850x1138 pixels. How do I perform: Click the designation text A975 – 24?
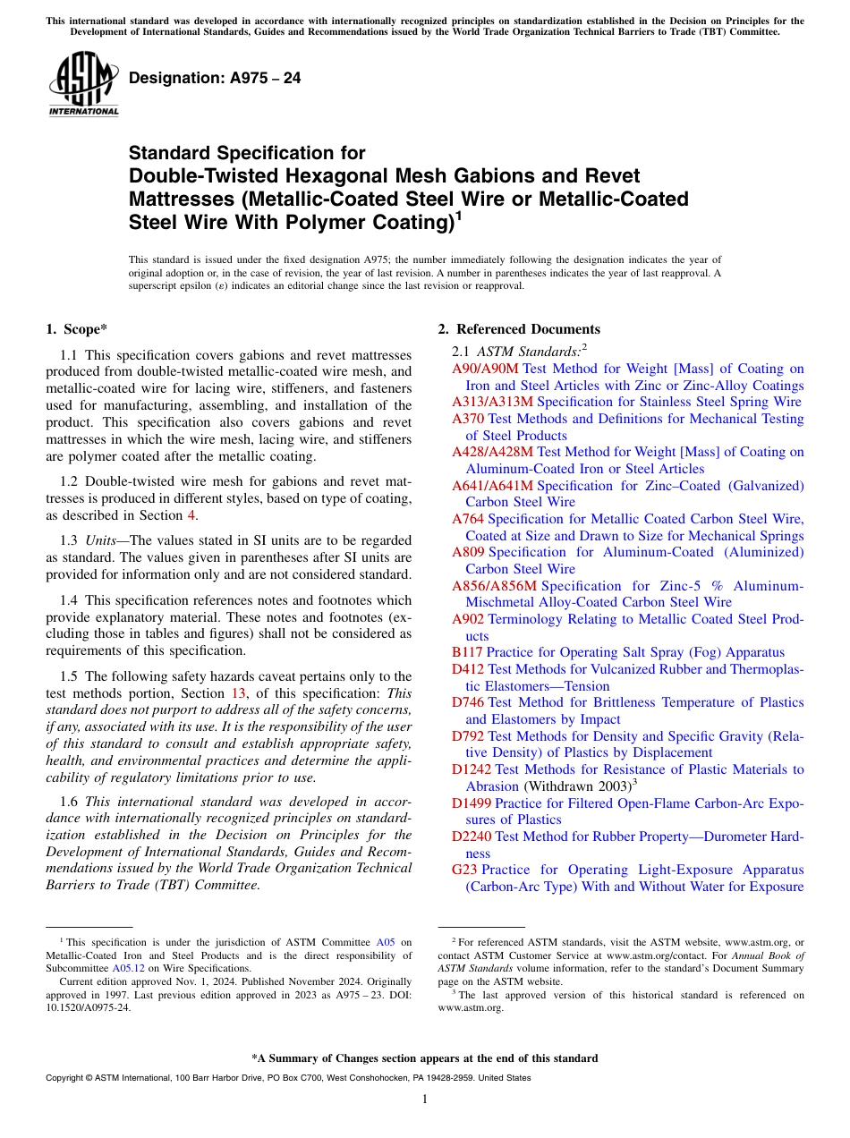click(x=215, y=79)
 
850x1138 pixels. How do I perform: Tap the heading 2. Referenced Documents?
click(x=518, y=329)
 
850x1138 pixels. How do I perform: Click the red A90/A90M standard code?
click(x=485, y=369)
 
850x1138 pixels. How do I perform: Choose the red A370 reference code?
click(x=467, y=419)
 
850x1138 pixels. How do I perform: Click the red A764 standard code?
click(x=467, y=519)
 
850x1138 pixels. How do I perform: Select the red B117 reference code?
click(x=467, y=653)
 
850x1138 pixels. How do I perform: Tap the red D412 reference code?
click(x=467, y=669)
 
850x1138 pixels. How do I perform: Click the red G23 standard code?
click(x=464, y=870)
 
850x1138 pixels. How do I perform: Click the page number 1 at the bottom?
click(x=425, y=1100)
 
